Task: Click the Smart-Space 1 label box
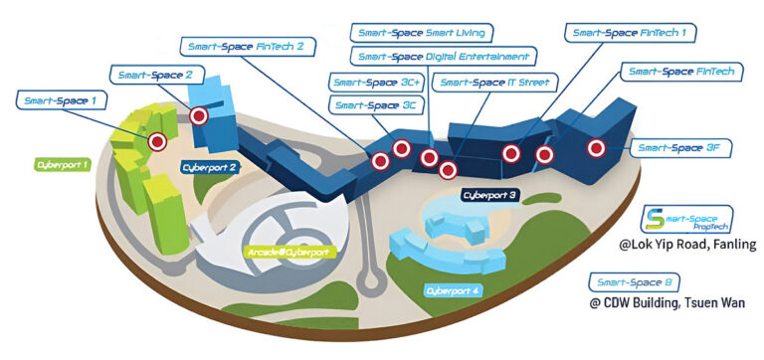60,100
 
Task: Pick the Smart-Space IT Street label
493,82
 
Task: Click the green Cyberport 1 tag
62,163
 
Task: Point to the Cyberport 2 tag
208,168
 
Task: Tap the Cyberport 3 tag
489,196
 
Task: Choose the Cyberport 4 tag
453,290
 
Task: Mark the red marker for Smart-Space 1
156,141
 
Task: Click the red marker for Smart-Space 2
199,116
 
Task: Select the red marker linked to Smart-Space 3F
596,148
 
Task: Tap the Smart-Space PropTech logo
686,220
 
